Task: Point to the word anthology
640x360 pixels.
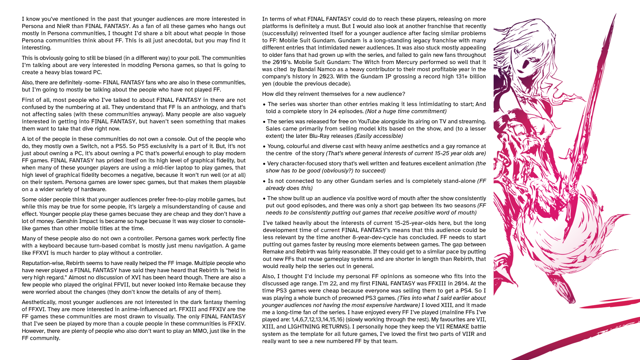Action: (x=195, y=107)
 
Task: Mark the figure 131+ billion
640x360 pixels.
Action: (x=456, y=77)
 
